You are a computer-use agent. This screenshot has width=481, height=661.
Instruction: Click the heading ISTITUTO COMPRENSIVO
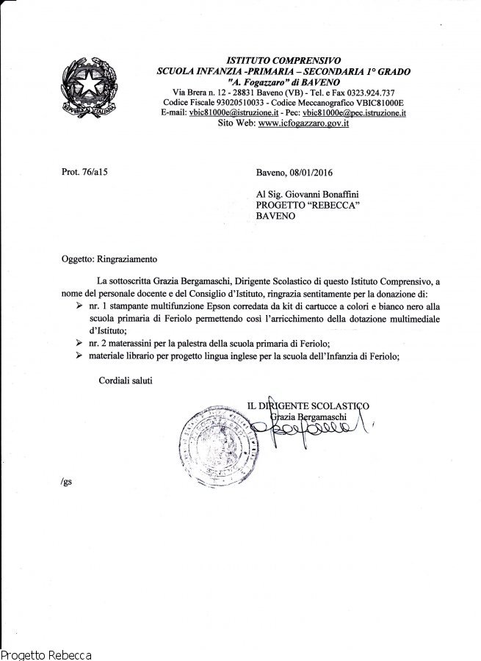point(283,61)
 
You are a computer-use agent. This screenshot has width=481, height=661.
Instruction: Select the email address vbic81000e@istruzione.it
point(225,113)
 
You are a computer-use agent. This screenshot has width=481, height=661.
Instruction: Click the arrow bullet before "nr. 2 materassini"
point(79,344)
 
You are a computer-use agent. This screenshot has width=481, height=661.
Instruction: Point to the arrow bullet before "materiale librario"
point(79,356)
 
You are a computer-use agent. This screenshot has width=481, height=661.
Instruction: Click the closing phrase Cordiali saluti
point(126,380)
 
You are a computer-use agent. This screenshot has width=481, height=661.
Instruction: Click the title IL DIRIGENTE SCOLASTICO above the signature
point(308,406)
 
